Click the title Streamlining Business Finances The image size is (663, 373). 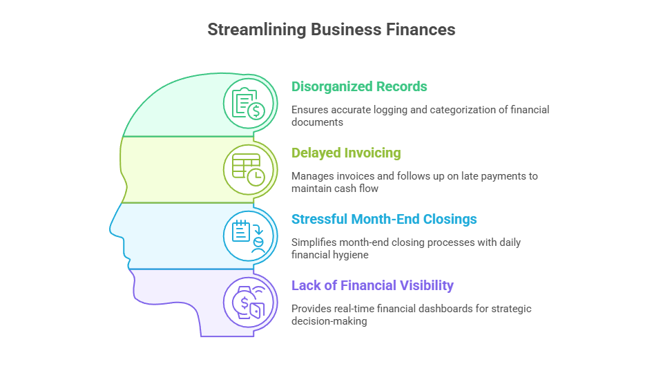point(331,30)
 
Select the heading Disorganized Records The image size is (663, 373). point(359,86)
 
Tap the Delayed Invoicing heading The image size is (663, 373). point(346,153)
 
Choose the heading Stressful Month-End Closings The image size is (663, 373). point(384,219)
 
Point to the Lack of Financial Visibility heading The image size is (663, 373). point(372,285)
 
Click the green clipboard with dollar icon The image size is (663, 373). point(249,104)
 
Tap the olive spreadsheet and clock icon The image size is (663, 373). point(249,170)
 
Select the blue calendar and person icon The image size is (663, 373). point(249,236)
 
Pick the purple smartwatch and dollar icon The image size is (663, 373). point(249,303)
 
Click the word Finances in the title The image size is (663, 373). point(421,30)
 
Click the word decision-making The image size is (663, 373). point(329,321)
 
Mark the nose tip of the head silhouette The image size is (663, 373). point(110,231)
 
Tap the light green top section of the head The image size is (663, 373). point(186,110)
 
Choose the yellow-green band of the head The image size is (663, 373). point(173,170)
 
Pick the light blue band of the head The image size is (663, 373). point(173,236)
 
